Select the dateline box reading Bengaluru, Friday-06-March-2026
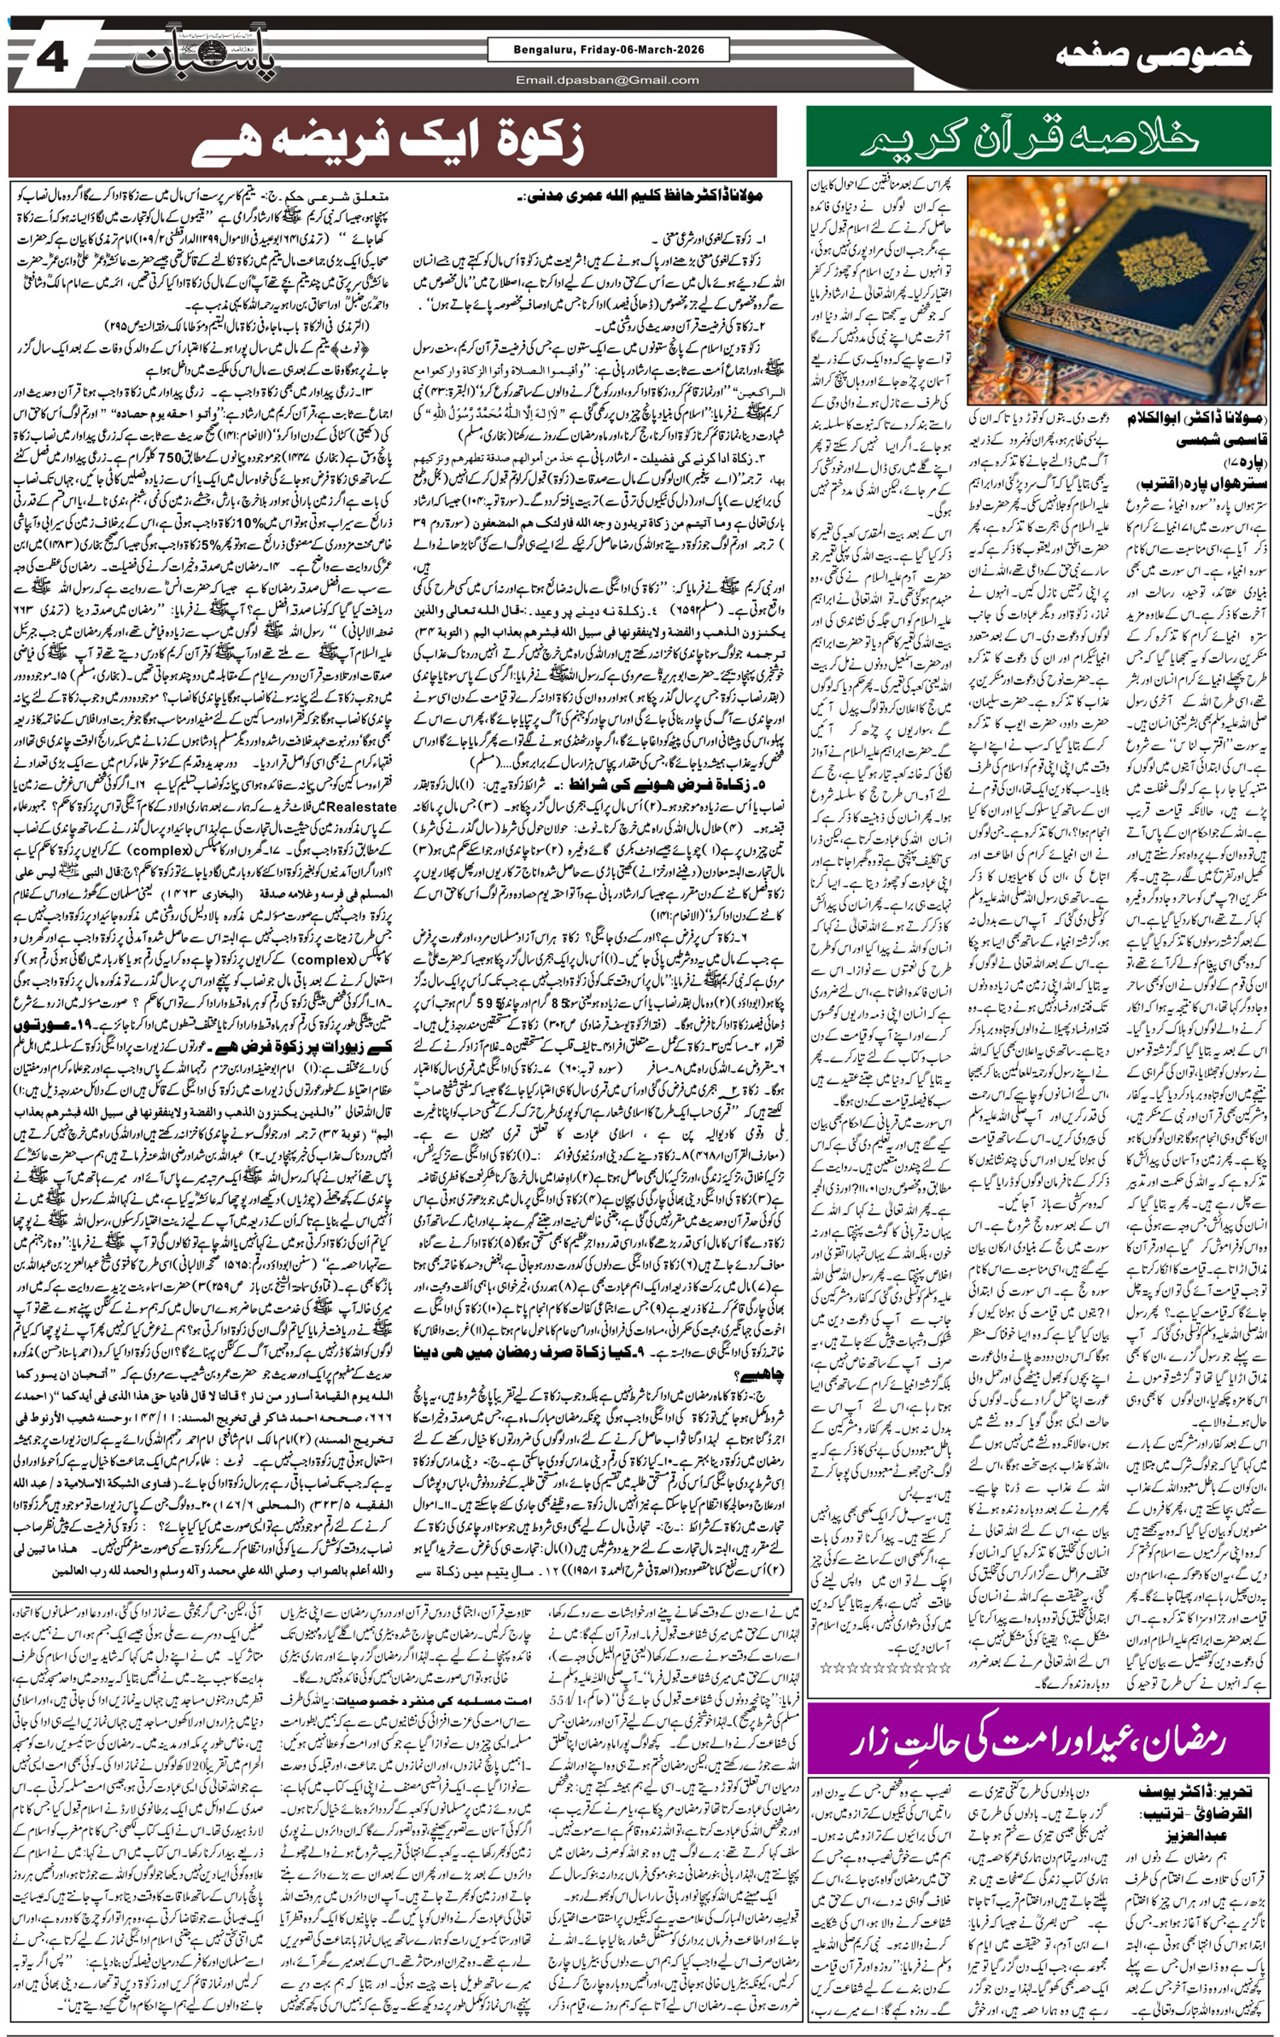(x=607, y=50)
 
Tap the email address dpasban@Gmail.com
(x=607, y=80)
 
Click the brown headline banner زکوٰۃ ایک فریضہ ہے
(x=389, y=141)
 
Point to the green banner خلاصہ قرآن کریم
(x=1038, y=139)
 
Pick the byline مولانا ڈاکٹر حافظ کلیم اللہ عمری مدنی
(x=643, y=197)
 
